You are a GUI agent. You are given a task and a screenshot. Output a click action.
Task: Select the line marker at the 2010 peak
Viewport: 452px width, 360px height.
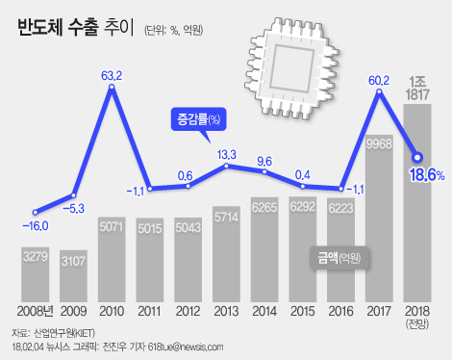coord(113,89)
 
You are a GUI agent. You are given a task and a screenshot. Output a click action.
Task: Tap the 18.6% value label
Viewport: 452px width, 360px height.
coord(424,174)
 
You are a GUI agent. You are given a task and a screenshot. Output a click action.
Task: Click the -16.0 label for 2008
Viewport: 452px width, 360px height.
coord(35,227)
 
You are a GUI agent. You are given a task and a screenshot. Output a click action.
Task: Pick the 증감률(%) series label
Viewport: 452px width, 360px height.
coord(198,119)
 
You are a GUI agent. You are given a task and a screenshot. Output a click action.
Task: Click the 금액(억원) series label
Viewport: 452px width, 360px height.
coord(339,257)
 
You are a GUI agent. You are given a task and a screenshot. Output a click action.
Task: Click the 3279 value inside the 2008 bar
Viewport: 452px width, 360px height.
coord(36,256)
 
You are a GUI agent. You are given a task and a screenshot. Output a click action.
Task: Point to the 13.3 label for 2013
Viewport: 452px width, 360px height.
coord(227,154)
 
